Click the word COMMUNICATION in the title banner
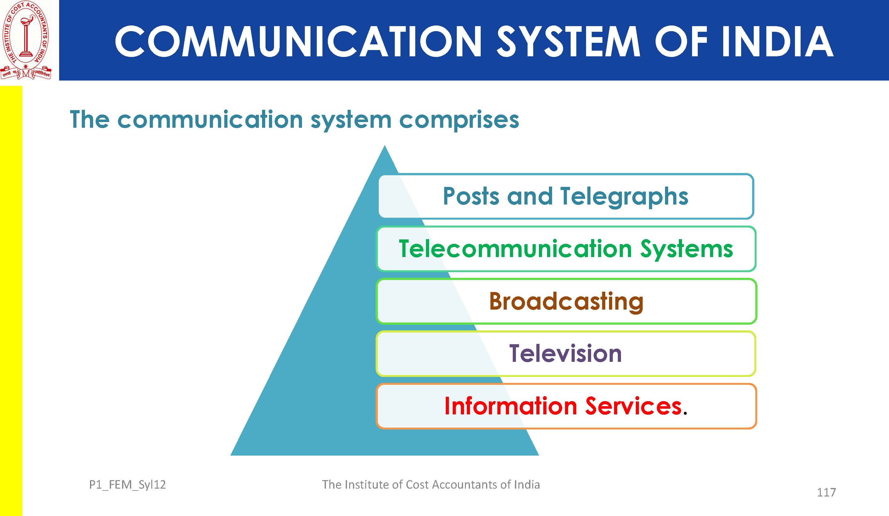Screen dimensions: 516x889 [x=298, y=42]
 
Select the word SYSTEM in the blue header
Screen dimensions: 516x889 [x=568, y=42]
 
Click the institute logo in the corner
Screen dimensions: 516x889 [x=26, y=40]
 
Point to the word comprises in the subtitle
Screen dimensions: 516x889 [x=459, y=120]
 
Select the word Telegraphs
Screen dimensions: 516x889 [x=624, y=196]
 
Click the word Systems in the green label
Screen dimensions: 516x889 [x=686, y=249]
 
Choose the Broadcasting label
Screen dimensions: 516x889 [x=566, y=301]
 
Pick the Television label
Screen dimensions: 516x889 [x=565, y=353]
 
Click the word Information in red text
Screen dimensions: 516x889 [x=511, y=406]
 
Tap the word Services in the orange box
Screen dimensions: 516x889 [x=633, y=406]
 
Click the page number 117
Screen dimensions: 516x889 [x=826, y=492]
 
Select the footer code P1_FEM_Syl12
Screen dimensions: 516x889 [x=127, y=485]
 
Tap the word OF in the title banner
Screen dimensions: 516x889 [x=681, y=42]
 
